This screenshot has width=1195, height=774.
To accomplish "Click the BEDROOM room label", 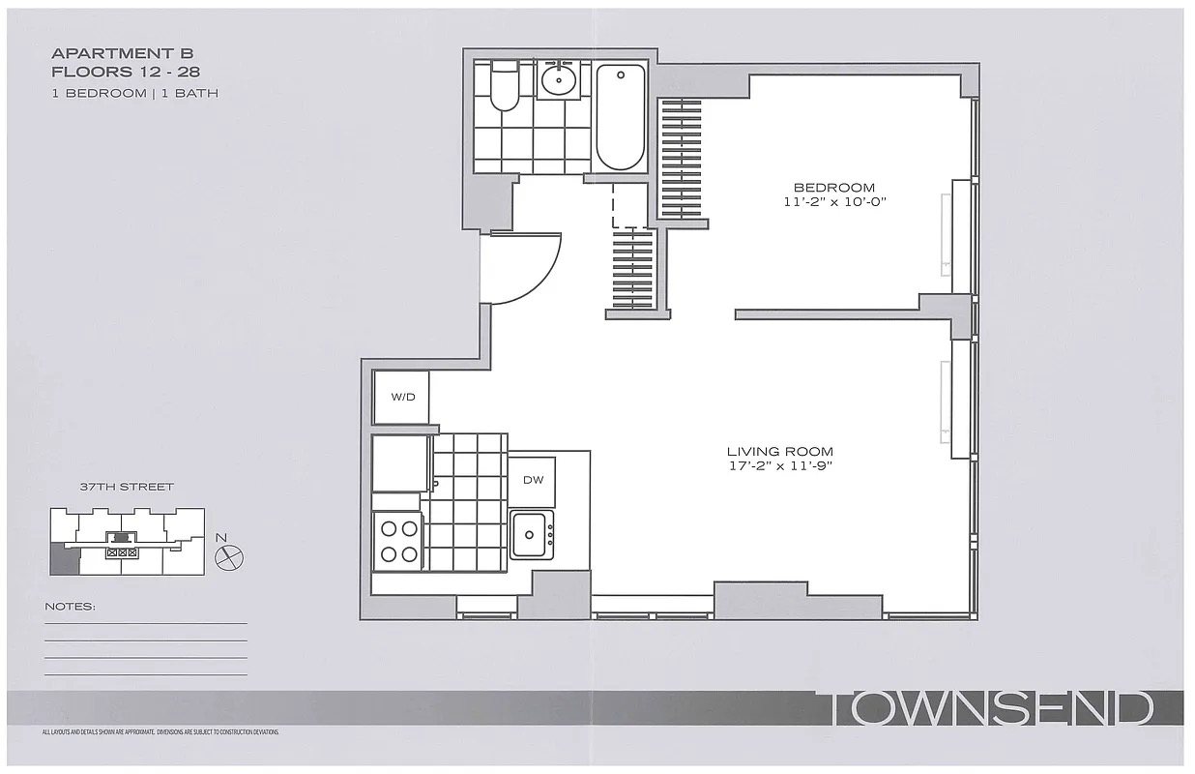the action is click(x=834, y=188).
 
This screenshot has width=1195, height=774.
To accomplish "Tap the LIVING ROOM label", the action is click(x=780, y=452).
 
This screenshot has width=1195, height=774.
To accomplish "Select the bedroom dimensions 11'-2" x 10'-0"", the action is click(x=835, y=202).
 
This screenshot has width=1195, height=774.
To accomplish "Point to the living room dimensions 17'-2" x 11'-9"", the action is click(x=780, y=465).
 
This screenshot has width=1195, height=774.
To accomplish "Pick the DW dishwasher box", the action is click(x=532, y=482).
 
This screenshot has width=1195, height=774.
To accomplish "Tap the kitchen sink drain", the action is click(x=529, y=535).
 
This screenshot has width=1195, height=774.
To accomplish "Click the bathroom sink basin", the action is click(x=559, y=80).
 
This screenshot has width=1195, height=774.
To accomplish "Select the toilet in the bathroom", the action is click(x=504, y=85).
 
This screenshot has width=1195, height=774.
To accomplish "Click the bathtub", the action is click(x=621, y=117).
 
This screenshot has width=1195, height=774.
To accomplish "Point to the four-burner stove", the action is click(x=398, y=541).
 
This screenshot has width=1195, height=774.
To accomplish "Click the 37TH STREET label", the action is click(x=127, y=487).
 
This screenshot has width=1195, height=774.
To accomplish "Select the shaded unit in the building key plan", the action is click(x=64, y=559).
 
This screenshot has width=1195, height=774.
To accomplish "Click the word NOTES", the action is click(x=70, y=607).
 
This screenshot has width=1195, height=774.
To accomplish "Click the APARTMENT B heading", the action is click(x=122, y=53).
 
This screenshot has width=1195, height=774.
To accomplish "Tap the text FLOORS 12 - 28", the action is click(x=126, y=72).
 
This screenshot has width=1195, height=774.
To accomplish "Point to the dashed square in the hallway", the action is click(x=630, y=205).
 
